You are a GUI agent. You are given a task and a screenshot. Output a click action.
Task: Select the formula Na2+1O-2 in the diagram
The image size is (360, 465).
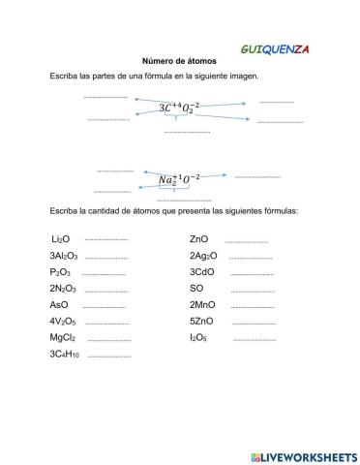point(179,179)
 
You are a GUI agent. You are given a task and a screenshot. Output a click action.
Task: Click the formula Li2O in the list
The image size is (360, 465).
point(61,238)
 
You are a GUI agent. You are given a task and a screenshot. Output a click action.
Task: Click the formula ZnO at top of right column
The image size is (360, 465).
point(199,238)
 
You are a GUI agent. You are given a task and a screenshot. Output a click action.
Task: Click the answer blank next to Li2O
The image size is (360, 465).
point(106,239)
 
